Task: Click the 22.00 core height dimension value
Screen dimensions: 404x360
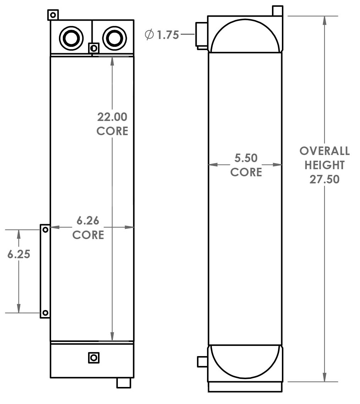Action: pos(112,117)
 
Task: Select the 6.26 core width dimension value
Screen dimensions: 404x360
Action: pos(88,221)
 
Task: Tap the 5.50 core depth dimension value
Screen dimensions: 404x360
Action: pos(246,158)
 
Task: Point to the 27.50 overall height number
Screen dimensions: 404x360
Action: pos(324,179)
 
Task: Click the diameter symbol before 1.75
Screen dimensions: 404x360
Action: pos(149,35)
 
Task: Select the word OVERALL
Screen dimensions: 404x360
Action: pos(324,151)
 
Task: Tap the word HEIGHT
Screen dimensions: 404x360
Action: pos(324,165)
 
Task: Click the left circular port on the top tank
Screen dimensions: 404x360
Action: pos(71,38)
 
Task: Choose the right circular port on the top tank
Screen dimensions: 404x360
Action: pos(114,38)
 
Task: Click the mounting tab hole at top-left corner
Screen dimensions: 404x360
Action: pos(53,15)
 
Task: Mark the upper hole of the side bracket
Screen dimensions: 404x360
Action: pos(45,230)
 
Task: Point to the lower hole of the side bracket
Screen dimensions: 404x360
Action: pos(45,312)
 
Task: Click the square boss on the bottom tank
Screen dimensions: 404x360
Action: pos(93,358)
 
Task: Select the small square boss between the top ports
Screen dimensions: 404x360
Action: pos(94,48)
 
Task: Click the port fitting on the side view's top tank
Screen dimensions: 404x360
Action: pos(201,34)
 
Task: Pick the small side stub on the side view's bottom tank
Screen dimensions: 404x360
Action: pos(202,361)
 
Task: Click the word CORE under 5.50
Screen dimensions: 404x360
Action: pos(246,172)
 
